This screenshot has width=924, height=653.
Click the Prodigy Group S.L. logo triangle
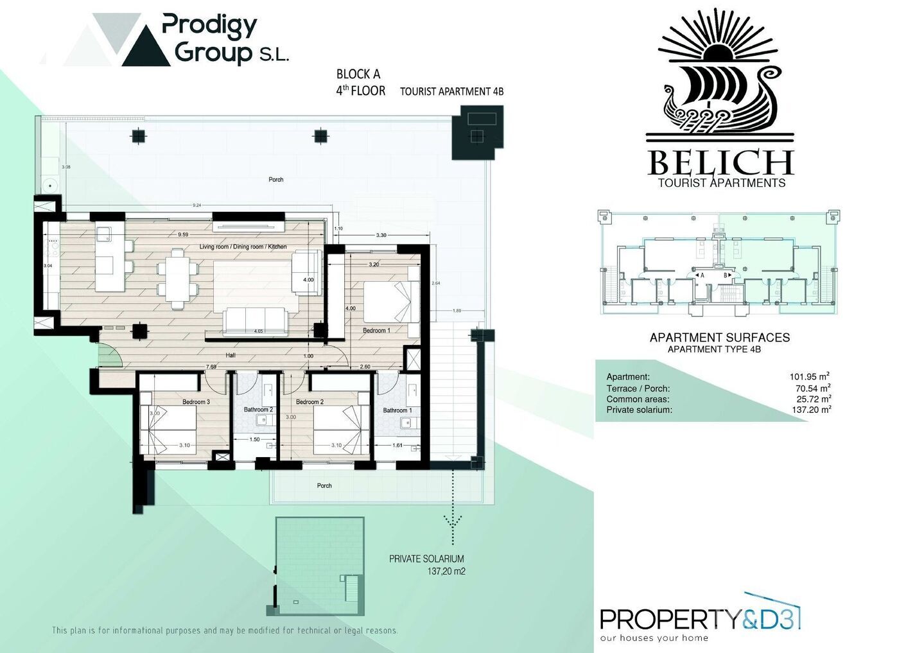coord(146,48)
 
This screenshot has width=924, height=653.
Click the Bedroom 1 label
coord(376,331)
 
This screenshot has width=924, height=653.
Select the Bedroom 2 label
coord(309,402)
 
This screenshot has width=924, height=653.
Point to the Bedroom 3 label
coord(196,402)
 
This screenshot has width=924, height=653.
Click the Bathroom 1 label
coord(397,410)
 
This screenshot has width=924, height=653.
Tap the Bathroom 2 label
coord(258,410)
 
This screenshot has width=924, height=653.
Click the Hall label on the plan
coord(231,355)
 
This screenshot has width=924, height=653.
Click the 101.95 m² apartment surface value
coord(810,377)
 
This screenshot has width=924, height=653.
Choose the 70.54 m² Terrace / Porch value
coord(812,388)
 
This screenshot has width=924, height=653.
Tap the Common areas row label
coord(638,399)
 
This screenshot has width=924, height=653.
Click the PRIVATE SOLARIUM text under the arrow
coord(426,559)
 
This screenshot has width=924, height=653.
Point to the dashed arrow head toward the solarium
coord(453,521)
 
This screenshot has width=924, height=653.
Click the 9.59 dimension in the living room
coord(183,234)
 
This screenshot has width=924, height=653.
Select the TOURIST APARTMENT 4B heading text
coord(451,92)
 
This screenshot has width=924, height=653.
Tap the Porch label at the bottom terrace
coord(324,485)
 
